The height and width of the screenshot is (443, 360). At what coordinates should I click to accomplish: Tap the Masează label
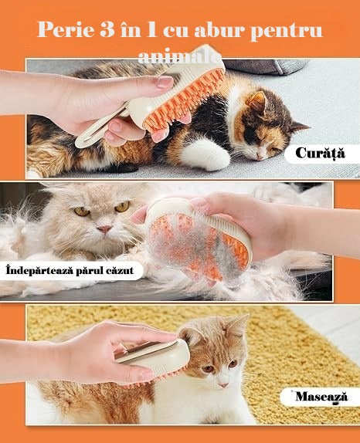(321, 397)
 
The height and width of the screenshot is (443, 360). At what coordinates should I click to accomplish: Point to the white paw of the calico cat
(206, 157)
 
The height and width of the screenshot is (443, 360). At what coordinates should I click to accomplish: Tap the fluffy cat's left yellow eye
(81, 210)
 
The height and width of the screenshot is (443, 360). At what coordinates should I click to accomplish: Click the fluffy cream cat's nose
(104, 228)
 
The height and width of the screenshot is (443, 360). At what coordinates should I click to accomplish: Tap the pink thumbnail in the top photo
(165, 83)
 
